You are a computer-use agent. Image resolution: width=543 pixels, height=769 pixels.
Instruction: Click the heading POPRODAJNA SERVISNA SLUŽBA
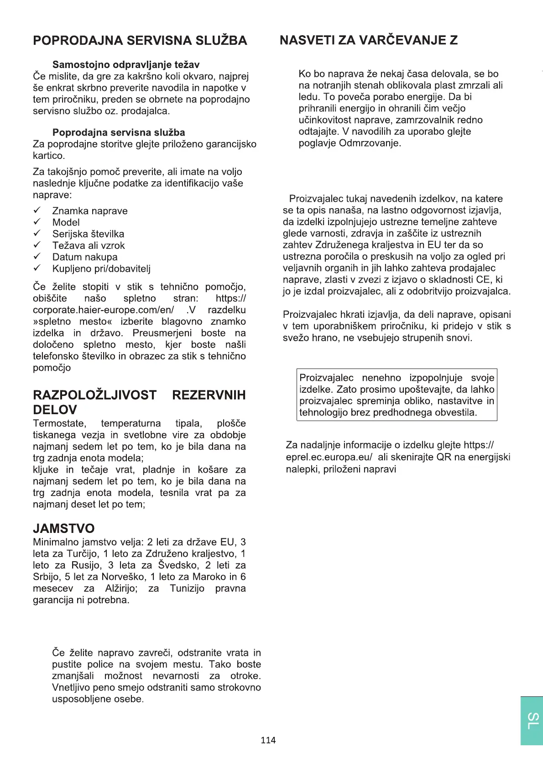[x=140, y=40]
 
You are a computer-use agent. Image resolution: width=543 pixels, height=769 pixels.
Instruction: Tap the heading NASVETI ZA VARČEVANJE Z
[x=368, y=40]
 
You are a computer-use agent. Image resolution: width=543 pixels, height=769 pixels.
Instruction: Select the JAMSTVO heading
[x=63, y=528]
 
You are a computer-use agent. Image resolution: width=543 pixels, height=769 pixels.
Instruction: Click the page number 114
[x=268, y=740]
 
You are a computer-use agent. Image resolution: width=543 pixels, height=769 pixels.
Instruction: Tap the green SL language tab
[x=532, y=721]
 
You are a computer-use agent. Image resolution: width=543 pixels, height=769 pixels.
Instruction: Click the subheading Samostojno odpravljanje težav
[x=126, y=64]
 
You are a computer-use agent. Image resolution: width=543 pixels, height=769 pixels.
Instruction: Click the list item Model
[x=66, y=222]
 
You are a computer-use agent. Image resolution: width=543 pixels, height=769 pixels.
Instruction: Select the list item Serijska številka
[x=88, y=234]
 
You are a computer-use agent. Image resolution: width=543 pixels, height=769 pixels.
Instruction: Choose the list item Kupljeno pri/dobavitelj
[x=101, y=269]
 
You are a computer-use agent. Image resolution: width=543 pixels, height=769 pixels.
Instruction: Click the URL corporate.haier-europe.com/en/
[x=103, y=310]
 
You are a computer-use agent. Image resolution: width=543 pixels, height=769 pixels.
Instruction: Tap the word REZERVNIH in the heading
[x=209, y=395]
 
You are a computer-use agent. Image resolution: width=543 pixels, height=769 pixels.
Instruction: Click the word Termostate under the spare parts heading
[x=59, y=423]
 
